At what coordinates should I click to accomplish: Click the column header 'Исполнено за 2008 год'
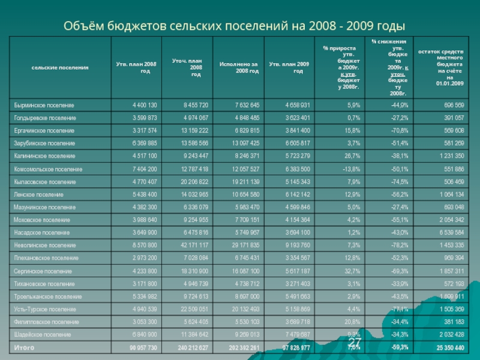point(239,67)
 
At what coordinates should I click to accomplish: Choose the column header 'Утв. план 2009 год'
point(289,67)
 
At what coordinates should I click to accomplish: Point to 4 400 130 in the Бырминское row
point(145,104)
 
